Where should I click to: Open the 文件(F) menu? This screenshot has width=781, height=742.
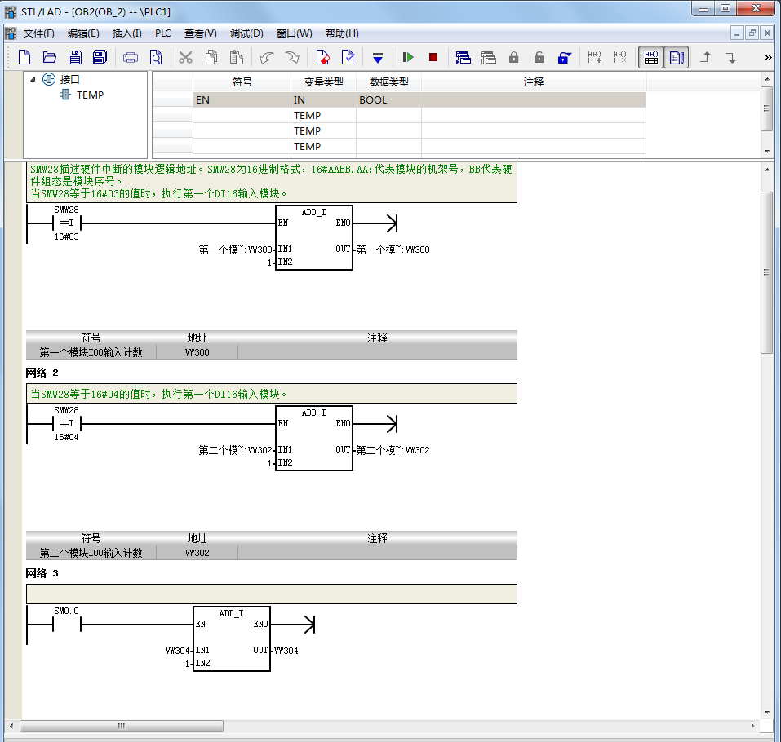(x=38, y=33)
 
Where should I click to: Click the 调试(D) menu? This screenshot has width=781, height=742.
(x=246, y=33)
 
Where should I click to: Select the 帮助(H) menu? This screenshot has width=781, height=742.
(x=342, y=33)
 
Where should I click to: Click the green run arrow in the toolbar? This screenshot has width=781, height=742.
(x=408, y=57)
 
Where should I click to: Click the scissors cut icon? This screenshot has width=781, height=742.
(x=185, y=57)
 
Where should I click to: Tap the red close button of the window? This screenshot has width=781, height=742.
(x=756, y=8)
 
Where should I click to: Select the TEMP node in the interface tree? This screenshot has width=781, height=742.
(x=90, y=95)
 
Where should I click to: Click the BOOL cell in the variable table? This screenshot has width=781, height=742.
(x=373, y=100)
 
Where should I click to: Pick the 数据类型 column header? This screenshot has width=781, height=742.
(x=389, y=82)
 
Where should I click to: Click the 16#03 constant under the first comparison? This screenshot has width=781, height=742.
(x=67, y=237)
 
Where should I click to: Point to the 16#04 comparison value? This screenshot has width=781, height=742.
(x=67, y=437)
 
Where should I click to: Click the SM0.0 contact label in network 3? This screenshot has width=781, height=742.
(x=66, y=611)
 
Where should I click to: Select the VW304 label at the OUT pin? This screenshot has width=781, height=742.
(x=286, y=651)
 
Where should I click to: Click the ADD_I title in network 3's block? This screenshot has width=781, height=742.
(x=232, y=614)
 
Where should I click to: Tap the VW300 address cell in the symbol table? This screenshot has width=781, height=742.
(x=197, y=352)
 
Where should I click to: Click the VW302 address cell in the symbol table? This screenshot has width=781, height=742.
(x=197, y=553)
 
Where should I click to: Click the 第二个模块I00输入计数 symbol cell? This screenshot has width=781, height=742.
(x=91, y=553)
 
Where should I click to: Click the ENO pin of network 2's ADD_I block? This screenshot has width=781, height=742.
(x=344, y=423)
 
